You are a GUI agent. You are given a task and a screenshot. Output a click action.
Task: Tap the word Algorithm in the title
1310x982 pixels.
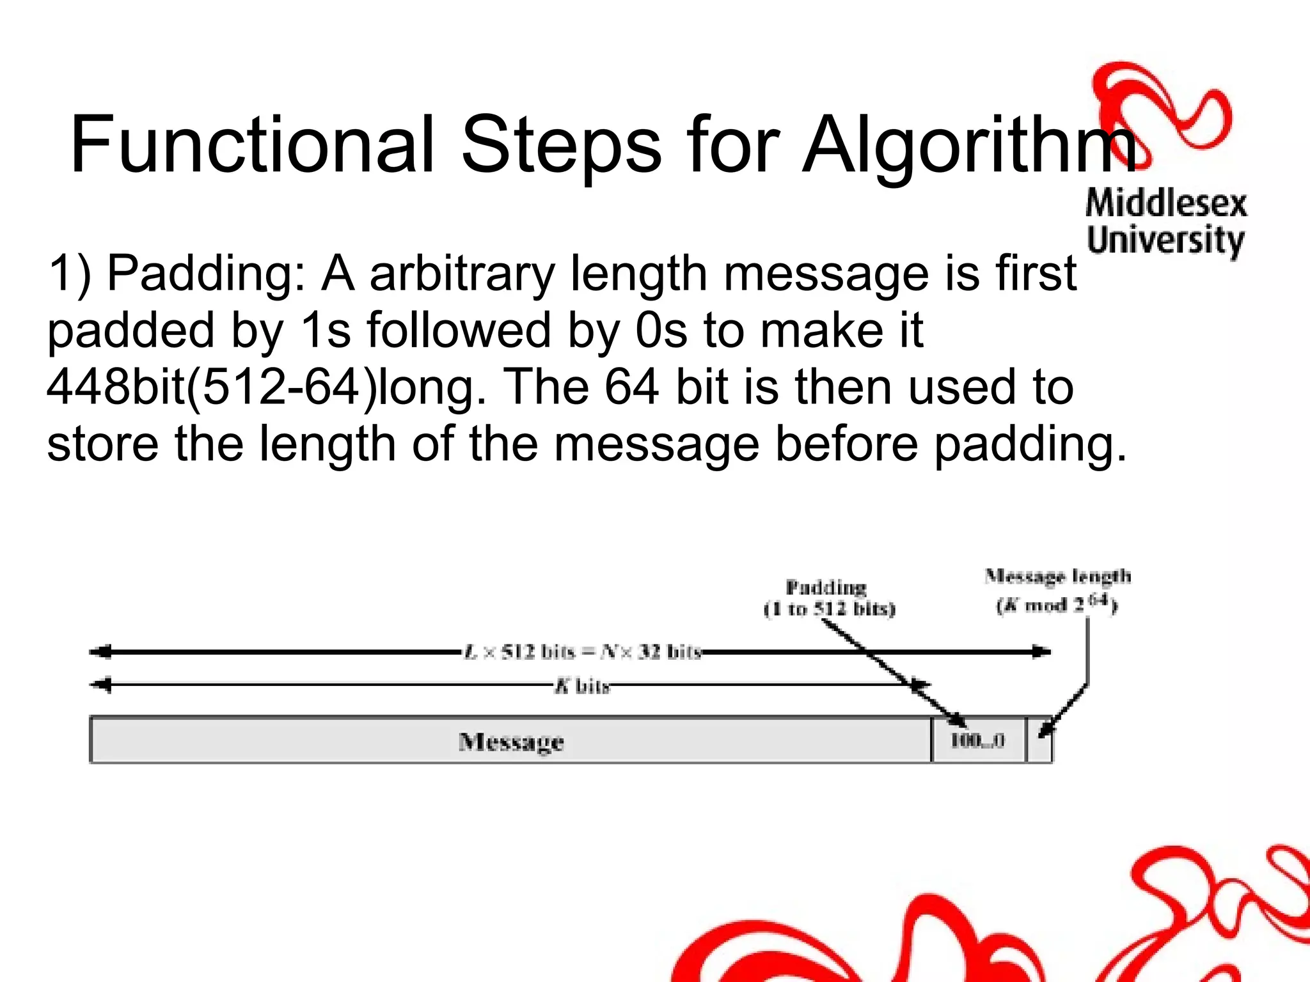click(969, 146)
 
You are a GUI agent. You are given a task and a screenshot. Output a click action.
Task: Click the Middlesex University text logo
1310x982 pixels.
click(1165, 222)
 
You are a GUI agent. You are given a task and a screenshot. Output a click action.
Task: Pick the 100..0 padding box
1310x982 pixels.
click(978, 740)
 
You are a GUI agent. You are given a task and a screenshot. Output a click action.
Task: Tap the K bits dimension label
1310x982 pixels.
click(582, 686)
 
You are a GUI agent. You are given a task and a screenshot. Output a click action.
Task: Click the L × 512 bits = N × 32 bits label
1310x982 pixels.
click(582, 652)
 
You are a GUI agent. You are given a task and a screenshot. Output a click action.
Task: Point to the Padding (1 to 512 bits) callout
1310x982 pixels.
click(829, 598)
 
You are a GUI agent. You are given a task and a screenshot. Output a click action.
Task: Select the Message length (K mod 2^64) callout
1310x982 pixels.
click(1057, 589)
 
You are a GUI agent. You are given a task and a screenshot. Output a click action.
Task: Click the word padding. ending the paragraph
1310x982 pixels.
click(1030, 445)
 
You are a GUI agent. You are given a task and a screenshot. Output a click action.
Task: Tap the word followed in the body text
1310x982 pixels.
click(458, 331)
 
